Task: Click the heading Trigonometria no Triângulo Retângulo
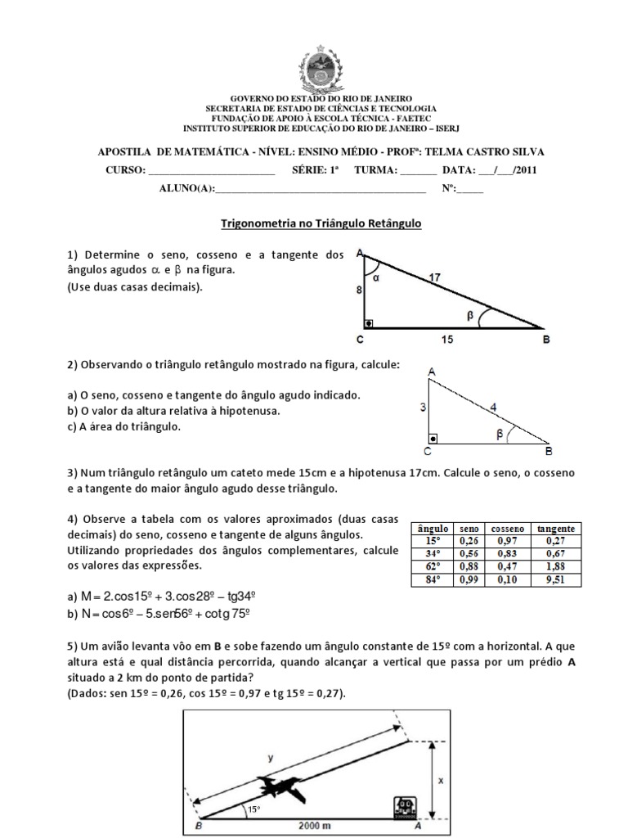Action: tap(321, 222)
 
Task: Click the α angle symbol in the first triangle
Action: tap(377, 277)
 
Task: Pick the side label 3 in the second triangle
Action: tap(422, 407)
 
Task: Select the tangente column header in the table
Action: tap(556, 529)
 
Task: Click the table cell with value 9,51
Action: tap(556, 579)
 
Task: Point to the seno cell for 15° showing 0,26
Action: tap(469, 541)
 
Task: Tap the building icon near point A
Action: tap(404, 806)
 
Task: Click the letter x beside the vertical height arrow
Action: tap(441, 780)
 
